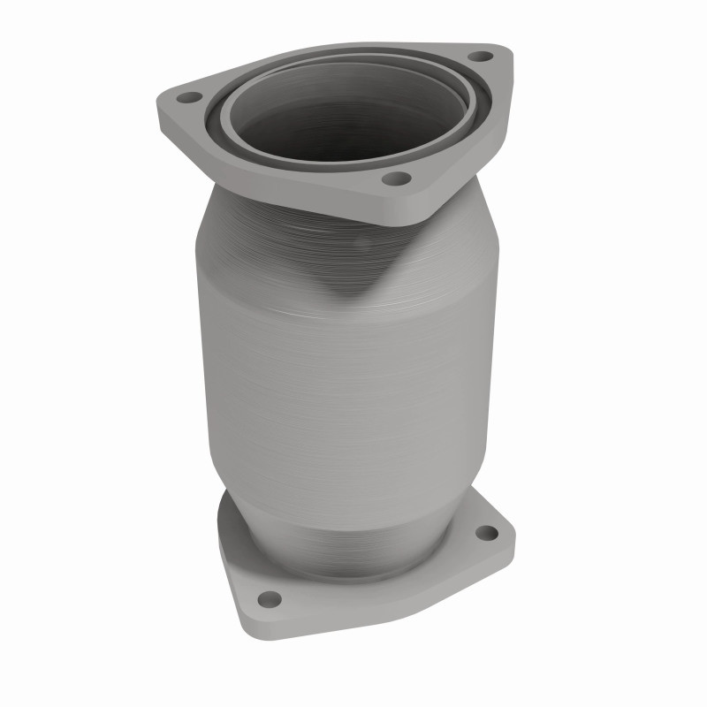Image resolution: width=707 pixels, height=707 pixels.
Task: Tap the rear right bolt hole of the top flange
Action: tap(479, 56)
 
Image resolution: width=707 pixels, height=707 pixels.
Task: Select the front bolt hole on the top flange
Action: tap(397, 179)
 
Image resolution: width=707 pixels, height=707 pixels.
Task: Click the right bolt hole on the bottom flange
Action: tap(486, 533)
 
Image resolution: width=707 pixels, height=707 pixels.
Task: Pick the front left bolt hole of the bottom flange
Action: tap(271, 598)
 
